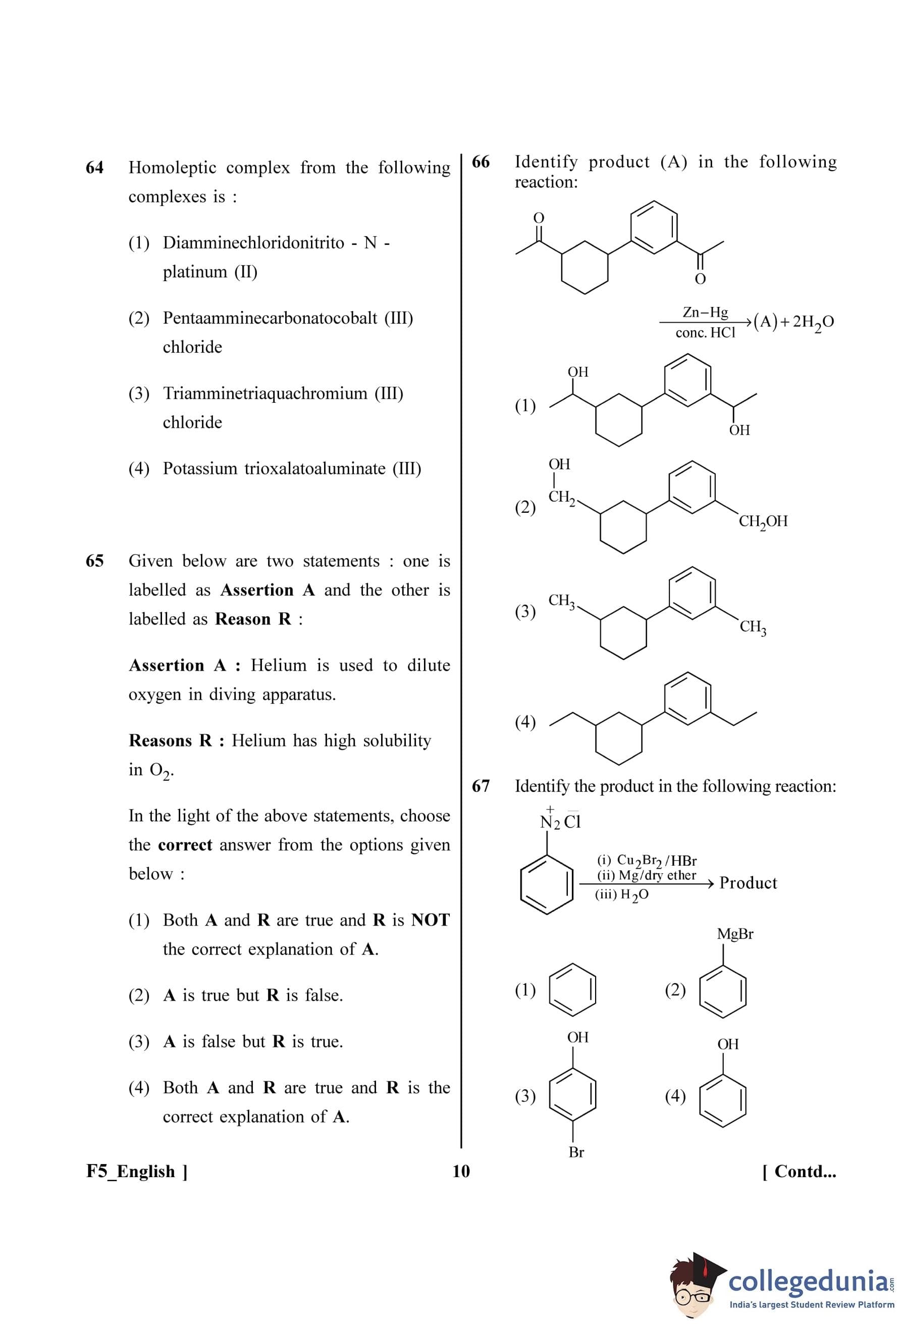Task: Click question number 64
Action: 94,168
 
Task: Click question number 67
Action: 480,786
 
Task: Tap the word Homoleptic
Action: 172,168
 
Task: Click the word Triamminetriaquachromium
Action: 266,393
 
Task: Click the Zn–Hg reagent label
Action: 705,312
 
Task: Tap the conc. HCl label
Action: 705,333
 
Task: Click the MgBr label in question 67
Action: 735,934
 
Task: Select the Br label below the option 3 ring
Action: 576,1152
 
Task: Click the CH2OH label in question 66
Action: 763,521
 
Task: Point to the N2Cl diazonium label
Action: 560,822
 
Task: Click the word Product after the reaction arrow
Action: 748,883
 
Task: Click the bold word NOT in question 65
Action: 430,920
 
